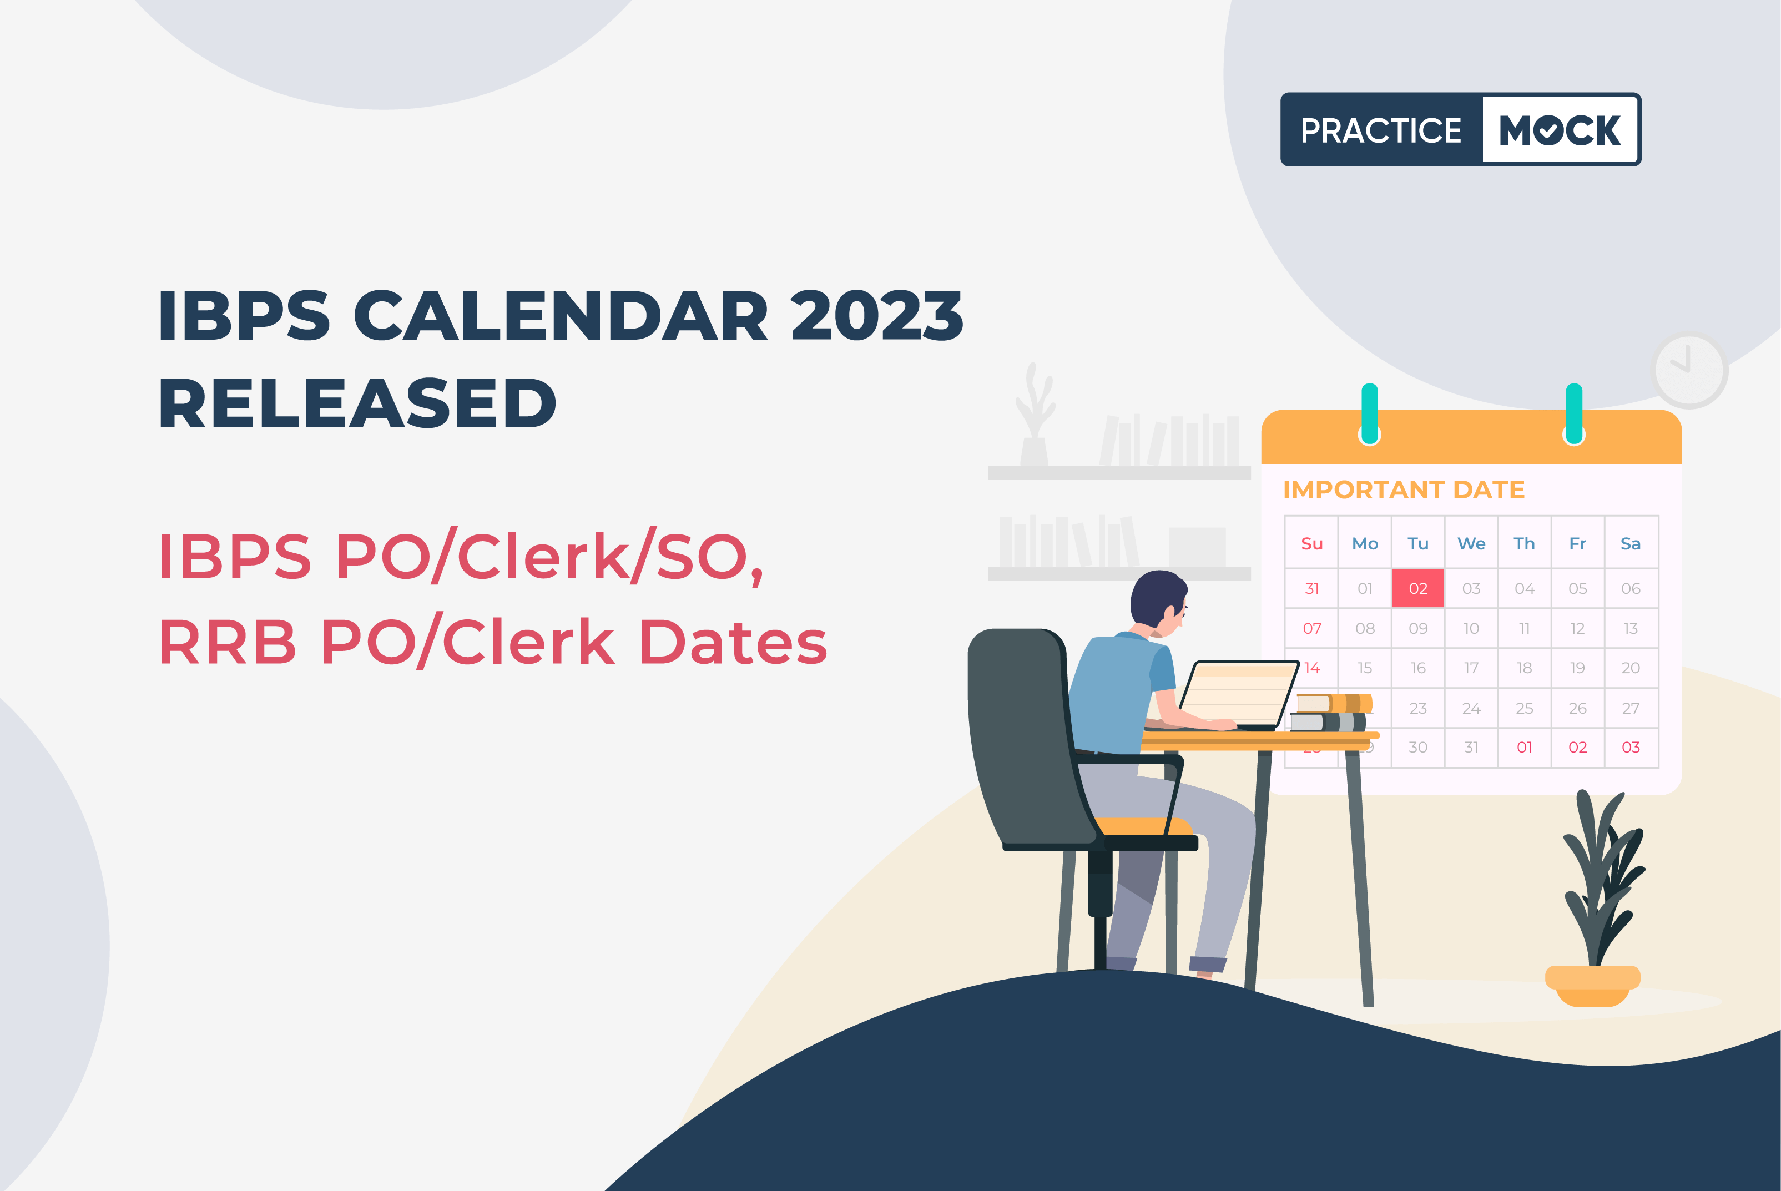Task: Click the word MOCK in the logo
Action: pos(1560,130)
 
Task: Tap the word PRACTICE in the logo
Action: pos(1381,130)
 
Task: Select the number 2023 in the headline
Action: pos(877,315)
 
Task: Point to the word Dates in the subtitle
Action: pos(734,642)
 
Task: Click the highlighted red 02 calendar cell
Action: pos(1418,588)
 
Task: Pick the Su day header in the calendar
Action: pos(1311,543)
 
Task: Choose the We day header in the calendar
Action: pos(1471,543)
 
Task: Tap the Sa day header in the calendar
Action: pos(1631,543)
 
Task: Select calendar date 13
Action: pos(1631,628)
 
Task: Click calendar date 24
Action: pos(1471,708)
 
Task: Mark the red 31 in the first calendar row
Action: pos(1311,588)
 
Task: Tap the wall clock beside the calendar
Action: pos(1689,370)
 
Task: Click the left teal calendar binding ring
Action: pos(1369,414)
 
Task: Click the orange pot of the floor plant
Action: pos(1593,986)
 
